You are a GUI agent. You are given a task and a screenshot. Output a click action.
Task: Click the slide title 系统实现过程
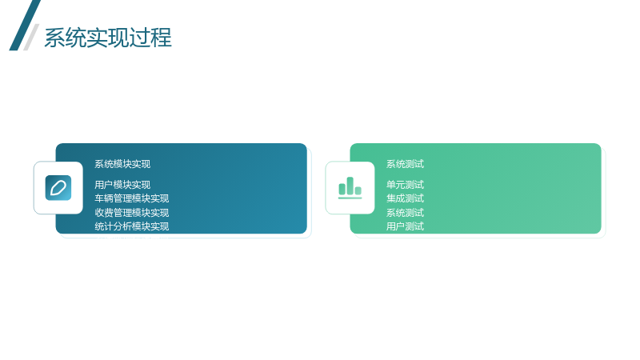point(108,38)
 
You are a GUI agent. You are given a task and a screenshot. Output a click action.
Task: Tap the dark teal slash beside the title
point(25,26)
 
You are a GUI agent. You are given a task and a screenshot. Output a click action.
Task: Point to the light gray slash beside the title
point(31,37)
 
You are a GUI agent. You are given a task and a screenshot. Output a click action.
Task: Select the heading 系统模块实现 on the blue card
point(122,164)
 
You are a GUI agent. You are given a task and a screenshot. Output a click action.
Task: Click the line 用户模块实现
point(122,185)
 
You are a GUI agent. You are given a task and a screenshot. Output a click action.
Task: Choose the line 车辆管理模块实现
point(132,198)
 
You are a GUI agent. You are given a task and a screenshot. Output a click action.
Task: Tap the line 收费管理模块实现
point(132,213)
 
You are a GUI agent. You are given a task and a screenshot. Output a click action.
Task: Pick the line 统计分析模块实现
point(132,226)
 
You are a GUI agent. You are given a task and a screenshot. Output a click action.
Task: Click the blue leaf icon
point(58,188)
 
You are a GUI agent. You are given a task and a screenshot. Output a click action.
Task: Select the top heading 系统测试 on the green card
point(406,164)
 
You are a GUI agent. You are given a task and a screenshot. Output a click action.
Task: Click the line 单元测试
point(406,185)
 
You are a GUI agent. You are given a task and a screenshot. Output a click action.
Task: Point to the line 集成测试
point(406,198)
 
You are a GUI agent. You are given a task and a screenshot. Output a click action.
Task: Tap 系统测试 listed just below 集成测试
point(406,213)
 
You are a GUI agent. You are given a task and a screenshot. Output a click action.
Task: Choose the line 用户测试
point(406,226)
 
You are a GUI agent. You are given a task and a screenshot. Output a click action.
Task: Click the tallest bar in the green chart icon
point(350,186)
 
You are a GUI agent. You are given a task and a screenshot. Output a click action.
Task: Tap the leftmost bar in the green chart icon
point(342,189)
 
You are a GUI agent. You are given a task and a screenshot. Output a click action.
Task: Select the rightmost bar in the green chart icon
point(358,190)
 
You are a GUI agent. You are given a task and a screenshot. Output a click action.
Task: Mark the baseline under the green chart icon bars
point(350,198)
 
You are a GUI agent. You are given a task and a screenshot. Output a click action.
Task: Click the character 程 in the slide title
point(161,38)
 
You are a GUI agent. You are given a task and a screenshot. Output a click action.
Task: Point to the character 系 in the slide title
point(54,38)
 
